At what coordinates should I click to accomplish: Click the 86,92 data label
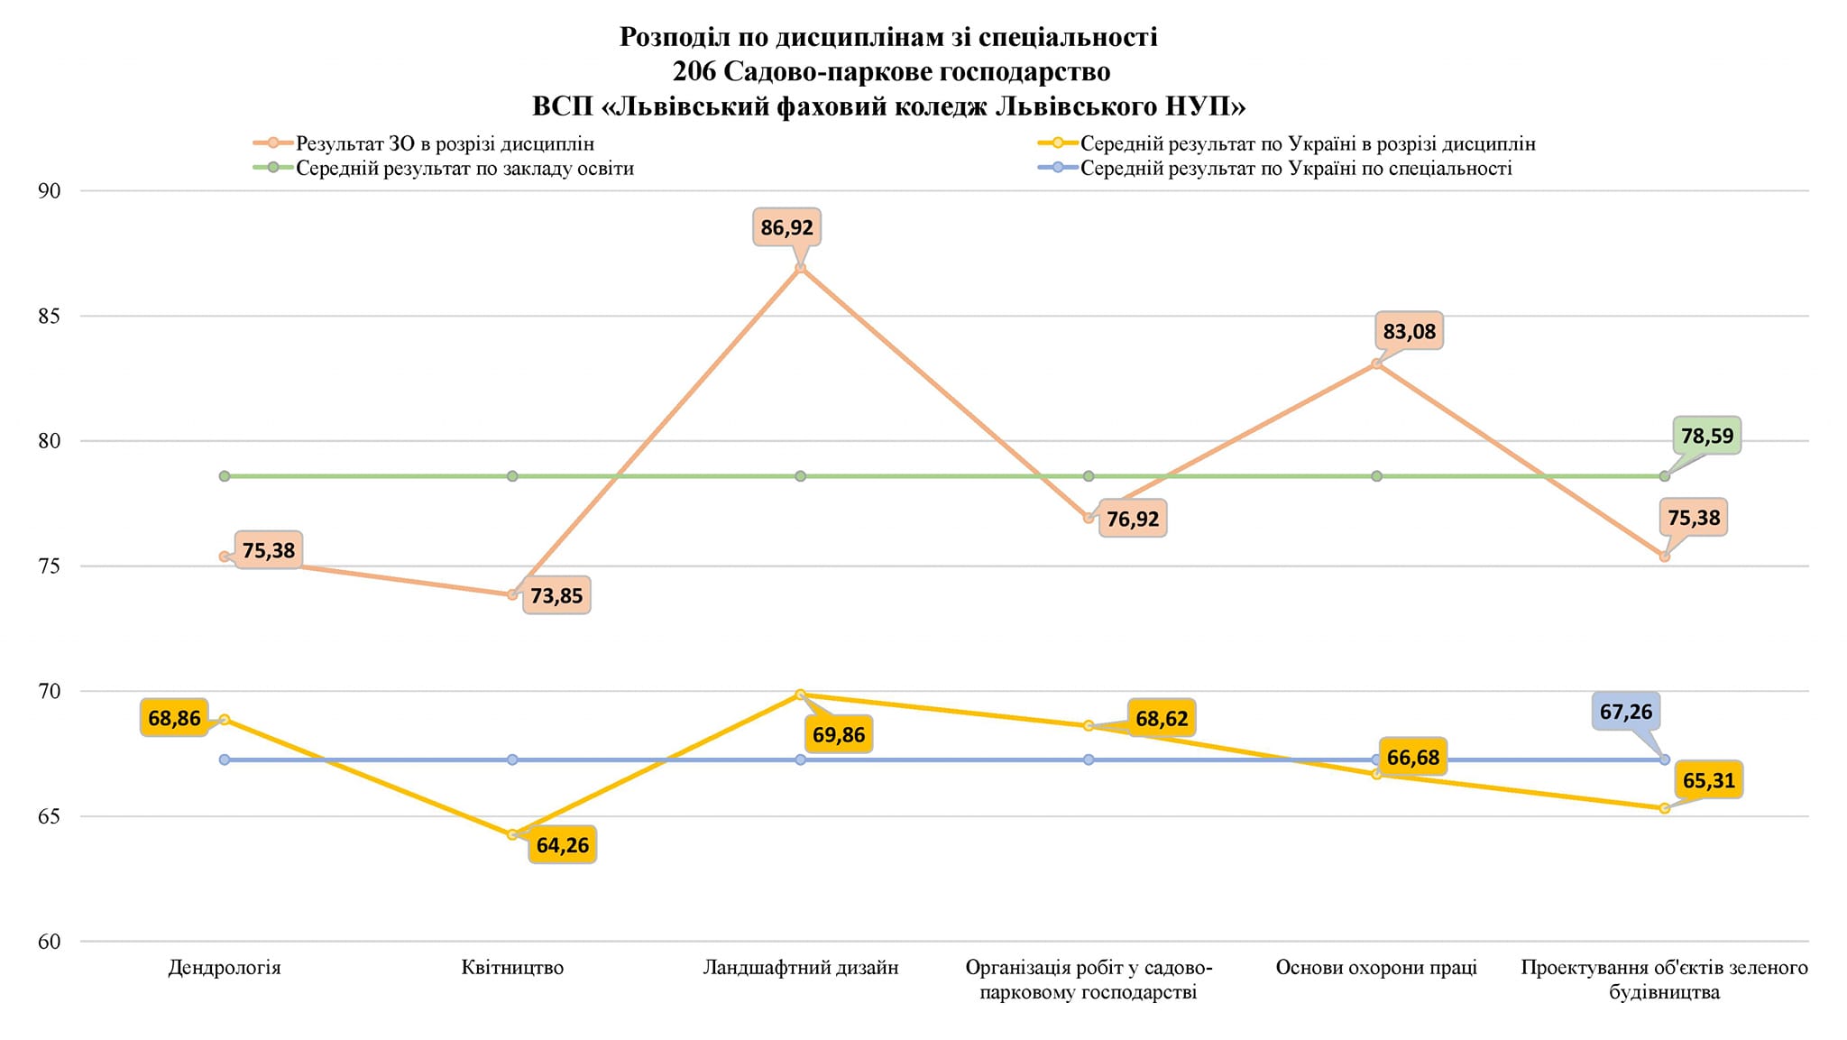786,227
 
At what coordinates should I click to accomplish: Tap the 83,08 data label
1409,332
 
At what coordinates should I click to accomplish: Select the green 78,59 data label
1707,437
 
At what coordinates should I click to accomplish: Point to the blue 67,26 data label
1625,712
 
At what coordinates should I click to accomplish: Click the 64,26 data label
562,845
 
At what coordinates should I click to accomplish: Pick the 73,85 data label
556,596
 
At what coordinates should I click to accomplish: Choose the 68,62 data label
1162,719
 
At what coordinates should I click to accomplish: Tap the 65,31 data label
1708,780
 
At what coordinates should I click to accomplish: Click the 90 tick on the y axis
50,191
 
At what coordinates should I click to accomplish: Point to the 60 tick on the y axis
50,942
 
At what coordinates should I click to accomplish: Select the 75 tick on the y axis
50,566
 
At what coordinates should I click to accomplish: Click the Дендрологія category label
225,968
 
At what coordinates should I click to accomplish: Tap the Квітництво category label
512,968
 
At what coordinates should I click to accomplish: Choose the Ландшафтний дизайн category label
801,968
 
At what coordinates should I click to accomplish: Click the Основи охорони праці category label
1376,968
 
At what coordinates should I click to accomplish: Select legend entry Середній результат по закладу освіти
464,169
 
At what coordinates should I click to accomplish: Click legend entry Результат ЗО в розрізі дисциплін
445,143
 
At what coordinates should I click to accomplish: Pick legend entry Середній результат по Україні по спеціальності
1296,169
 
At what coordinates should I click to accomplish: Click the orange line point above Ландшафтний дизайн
800,268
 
